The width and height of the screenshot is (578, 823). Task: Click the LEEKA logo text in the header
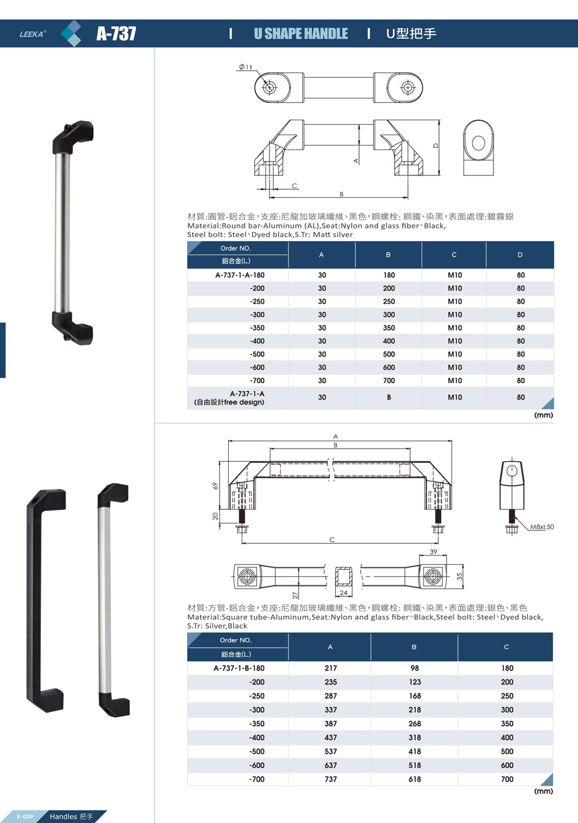point(32,34)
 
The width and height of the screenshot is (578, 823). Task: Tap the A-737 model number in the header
point(116,33)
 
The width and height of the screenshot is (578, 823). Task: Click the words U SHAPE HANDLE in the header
point(301,34)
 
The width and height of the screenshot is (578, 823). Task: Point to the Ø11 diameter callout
point(245,67)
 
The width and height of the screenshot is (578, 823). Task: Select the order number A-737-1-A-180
point(240,275)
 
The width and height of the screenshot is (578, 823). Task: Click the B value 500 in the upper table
point(388,354)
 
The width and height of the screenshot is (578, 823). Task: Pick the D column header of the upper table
point(519,255)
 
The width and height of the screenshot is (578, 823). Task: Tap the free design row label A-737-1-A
point(247,393)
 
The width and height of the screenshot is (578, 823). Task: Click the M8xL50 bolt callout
point(542,527)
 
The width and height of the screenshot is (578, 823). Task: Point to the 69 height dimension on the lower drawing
point(215,486)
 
